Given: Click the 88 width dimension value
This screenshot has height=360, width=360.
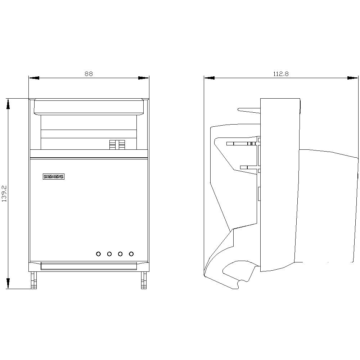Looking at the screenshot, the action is [89, 74].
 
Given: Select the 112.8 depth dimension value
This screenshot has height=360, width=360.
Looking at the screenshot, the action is [281, 74].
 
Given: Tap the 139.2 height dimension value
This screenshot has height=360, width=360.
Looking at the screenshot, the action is [4, 194].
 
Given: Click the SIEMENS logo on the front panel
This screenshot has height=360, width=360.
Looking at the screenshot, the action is [54, 176].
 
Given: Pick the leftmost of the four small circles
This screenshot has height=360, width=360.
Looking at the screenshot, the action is [99, 254].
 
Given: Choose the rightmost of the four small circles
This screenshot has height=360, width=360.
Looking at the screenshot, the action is [131, 254].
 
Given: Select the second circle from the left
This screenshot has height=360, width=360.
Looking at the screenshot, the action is [109, 254].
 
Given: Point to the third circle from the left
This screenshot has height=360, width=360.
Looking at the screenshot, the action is [120, 254].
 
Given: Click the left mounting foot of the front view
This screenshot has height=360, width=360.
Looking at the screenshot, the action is [34, 280].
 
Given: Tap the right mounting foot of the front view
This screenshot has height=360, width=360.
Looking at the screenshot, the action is [144, 280].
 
